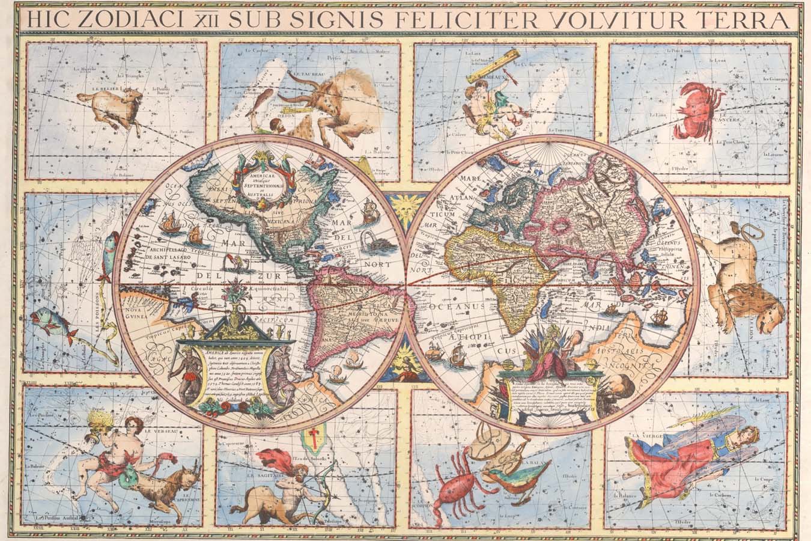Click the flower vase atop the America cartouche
coord(235,301)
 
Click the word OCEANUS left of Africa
coord(449,307)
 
